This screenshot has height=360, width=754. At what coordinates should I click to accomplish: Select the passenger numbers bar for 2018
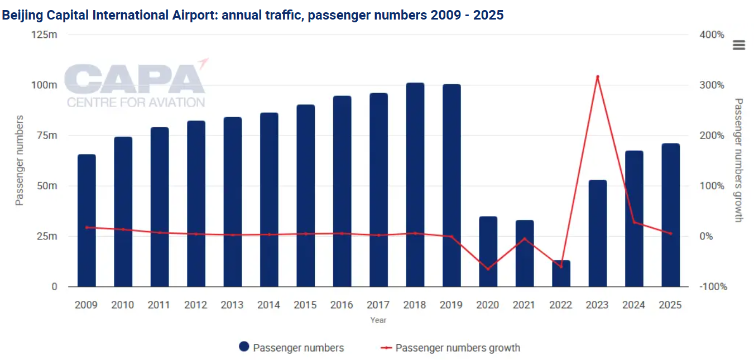[415, 184]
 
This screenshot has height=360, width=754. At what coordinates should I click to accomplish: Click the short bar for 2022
[561, 273]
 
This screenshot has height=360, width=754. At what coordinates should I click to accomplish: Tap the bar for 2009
[87, 220]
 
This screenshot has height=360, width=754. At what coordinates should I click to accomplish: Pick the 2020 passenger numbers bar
[488, 251]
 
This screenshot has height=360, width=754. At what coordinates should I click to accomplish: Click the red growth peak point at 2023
[597, 76]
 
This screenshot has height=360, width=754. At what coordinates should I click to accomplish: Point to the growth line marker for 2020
[488, 269]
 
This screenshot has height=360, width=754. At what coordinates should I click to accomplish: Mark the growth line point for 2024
[634, 223]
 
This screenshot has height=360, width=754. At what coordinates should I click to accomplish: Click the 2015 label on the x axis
[305, 305]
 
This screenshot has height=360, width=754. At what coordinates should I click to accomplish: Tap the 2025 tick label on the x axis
[670, 305]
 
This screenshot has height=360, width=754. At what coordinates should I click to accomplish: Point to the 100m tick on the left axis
[44, 85]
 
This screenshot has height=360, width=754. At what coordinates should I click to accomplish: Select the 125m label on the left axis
[44, 35]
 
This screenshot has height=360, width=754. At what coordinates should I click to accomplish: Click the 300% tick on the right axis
[712, 85]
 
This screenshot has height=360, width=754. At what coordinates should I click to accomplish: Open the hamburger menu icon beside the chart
[739, 45]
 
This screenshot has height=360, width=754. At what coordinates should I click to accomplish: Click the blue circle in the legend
[244, 347]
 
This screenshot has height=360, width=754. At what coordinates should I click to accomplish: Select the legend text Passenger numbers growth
[458, 348]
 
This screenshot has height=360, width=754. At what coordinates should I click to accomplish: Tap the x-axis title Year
[378, 320]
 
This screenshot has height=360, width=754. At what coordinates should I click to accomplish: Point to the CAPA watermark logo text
[134, 80]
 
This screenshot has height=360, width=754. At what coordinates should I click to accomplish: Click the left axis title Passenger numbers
[20, 160]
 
